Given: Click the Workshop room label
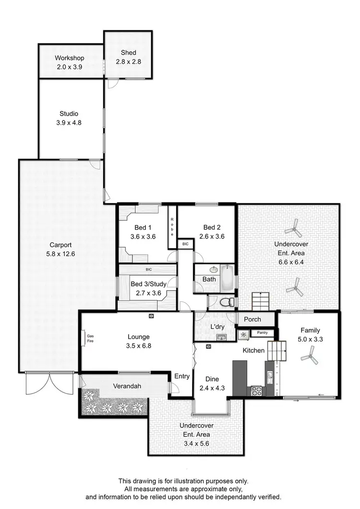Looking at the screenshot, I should point(69,58).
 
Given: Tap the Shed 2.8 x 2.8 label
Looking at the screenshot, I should point(128,53).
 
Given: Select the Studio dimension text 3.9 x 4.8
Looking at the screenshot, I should point(69,123).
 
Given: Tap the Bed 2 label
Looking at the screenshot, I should point(212,227).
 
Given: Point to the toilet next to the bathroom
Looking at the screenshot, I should point(227,302).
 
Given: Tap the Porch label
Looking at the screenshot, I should point(252,319).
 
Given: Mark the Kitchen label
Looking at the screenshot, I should point(253,351).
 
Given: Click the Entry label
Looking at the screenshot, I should point(182,376).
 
